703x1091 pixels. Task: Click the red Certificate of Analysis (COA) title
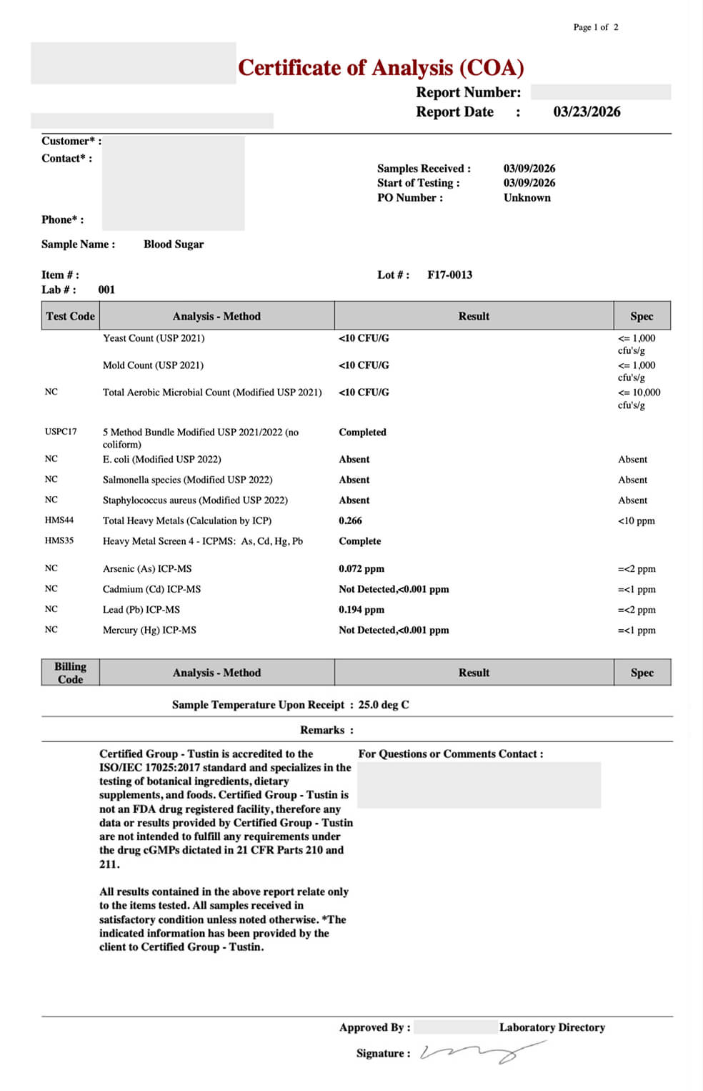tap(381, 68)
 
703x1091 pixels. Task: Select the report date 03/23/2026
tap(587, 112)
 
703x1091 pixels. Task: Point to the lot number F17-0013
tap(449, 275)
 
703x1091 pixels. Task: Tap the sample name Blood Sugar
tap(174, 245)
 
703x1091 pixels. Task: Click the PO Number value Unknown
tap(527, 198)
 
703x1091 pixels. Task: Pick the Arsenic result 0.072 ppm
tap(362, 569)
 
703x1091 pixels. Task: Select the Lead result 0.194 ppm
tap(362, 610)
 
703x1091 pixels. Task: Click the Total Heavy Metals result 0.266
tap(350, 521)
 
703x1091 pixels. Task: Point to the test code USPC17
tap(61, 432)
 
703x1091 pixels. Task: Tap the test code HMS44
tap(59, 520)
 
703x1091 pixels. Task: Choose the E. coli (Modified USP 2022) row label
tap(161, 460)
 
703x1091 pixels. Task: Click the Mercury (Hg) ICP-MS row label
tap(149, 631)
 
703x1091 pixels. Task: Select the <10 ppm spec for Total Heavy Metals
tap(636, 521)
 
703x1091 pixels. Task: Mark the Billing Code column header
tap(70, 673)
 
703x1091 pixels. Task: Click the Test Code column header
tap(70, 316)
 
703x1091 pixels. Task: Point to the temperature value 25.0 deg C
tap(384, 705)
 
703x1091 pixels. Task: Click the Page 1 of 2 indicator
tap(596, 27)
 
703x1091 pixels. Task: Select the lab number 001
tap(106, 290)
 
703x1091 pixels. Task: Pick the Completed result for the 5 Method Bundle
tap(362, 433)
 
